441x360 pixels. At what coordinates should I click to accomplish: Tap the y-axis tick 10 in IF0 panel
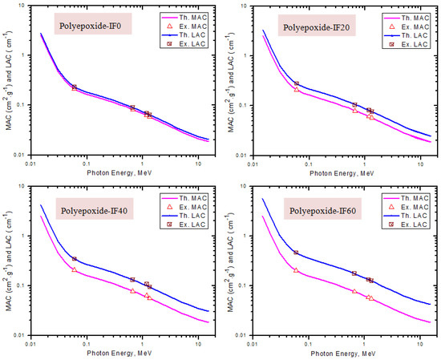pos(24,6)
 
